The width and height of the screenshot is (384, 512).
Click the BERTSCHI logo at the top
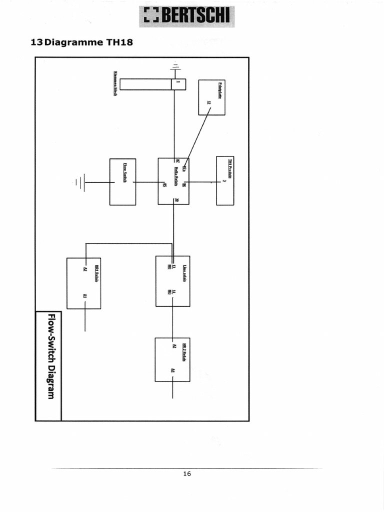186,16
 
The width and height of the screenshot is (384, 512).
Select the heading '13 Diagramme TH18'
82,42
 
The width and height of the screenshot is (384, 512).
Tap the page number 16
187,473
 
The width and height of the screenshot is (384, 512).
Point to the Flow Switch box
122,182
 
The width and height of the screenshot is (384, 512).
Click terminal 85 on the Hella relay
165,185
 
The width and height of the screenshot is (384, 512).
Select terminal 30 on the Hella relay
177,200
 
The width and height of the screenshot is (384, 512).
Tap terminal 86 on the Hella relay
184,185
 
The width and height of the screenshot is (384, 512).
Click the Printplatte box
211,97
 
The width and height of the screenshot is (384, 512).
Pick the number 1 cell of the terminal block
178,84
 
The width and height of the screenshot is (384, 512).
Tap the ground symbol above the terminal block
174,66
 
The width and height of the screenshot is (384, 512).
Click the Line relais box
172,281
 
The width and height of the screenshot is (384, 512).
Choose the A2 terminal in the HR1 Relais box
85,269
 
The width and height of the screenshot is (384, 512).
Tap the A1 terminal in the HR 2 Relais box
172,370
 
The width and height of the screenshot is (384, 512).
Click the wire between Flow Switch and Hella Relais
147,182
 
